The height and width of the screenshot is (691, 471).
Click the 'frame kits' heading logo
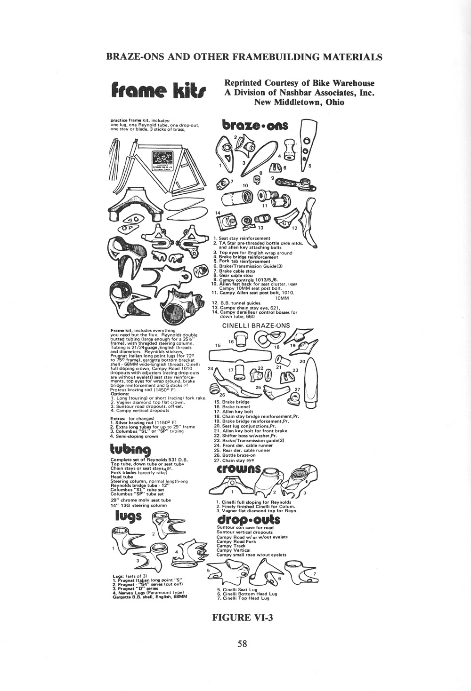coord(157,90)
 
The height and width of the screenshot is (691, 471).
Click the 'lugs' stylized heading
coord(129,516)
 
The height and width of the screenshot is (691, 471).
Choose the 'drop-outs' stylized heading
coord(248,520)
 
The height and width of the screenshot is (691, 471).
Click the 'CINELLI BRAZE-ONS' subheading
coord(256,325)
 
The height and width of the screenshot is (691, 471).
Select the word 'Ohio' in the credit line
coord(332,102)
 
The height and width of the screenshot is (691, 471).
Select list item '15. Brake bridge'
coord(232,402)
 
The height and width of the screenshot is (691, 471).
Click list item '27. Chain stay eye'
coord(235,461)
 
